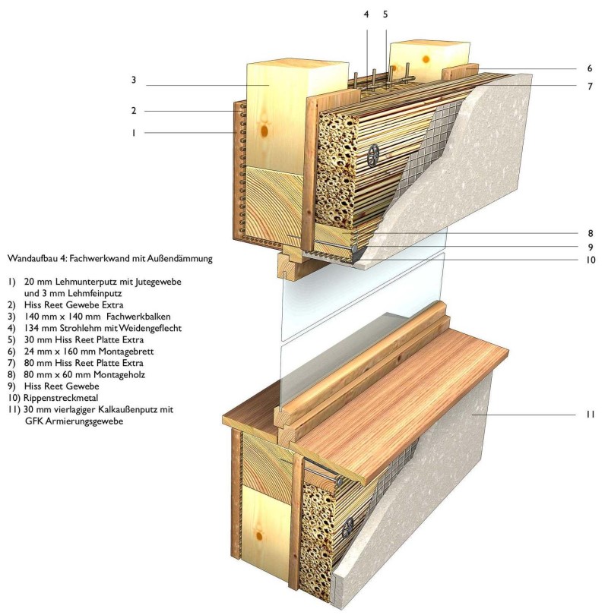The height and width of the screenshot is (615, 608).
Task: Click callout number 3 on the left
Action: [x=133, y=79]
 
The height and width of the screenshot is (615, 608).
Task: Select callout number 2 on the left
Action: [x=133, y=111]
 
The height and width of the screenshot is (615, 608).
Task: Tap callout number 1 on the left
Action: [x=133, y=133]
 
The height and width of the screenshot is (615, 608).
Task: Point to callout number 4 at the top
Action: [x=367, y=14]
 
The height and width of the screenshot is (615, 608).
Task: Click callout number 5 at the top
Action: [x=385, y=14]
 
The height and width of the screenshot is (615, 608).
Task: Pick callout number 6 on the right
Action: [x=590, y=68]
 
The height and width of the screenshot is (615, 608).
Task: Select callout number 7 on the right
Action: [x=590, y=87]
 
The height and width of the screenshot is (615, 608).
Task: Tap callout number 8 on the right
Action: [x=590, y=233]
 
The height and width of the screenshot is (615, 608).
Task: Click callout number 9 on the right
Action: [x=590, y=247]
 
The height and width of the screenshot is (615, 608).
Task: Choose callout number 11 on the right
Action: [x=590, y=415]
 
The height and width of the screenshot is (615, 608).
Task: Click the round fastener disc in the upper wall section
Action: [x=373, y=157]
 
